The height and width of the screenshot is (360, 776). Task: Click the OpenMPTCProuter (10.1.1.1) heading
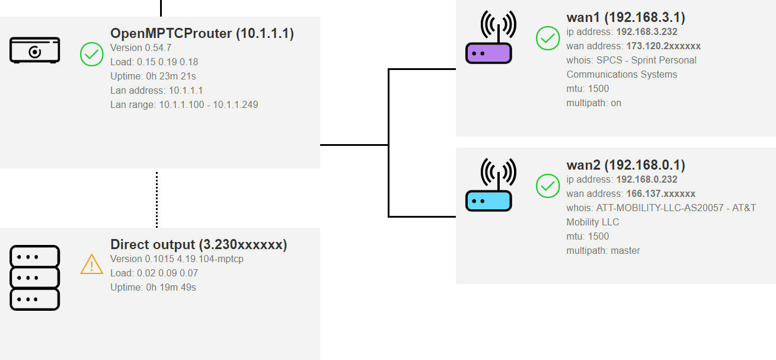point(202,33)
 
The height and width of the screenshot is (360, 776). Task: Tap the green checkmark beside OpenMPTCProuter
point(92,54)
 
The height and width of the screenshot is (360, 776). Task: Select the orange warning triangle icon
point(92,264)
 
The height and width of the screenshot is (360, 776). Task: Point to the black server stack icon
point(35,278)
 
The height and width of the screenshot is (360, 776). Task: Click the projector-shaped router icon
point(35,50)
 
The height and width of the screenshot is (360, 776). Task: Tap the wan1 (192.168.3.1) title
point(625,17)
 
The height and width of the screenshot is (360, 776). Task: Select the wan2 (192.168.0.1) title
point(625,165)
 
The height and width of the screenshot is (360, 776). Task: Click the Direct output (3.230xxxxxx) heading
point(199,244)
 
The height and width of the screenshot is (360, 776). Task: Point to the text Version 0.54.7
point(140,47)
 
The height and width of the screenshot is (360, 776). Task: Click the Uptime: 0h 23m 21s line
point(153,76)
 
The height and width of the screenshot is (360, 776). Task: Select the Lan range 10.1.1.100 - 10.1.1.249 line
point(184,104)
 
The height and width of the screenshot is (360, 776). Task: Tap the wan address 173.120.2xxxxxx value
point(663,46)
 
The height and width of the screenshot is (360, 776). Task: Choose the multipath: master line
point(603,250)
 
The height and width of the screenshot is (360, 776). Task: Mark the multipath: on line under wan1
point(593,103)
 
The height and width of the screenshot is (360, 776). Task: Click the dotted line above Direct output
point(157,199)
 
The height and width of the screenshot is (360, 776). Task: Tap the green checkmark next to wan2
point(548,186)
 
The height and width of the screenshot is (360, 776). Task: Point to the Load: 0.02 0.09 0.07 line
point(154,273)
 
